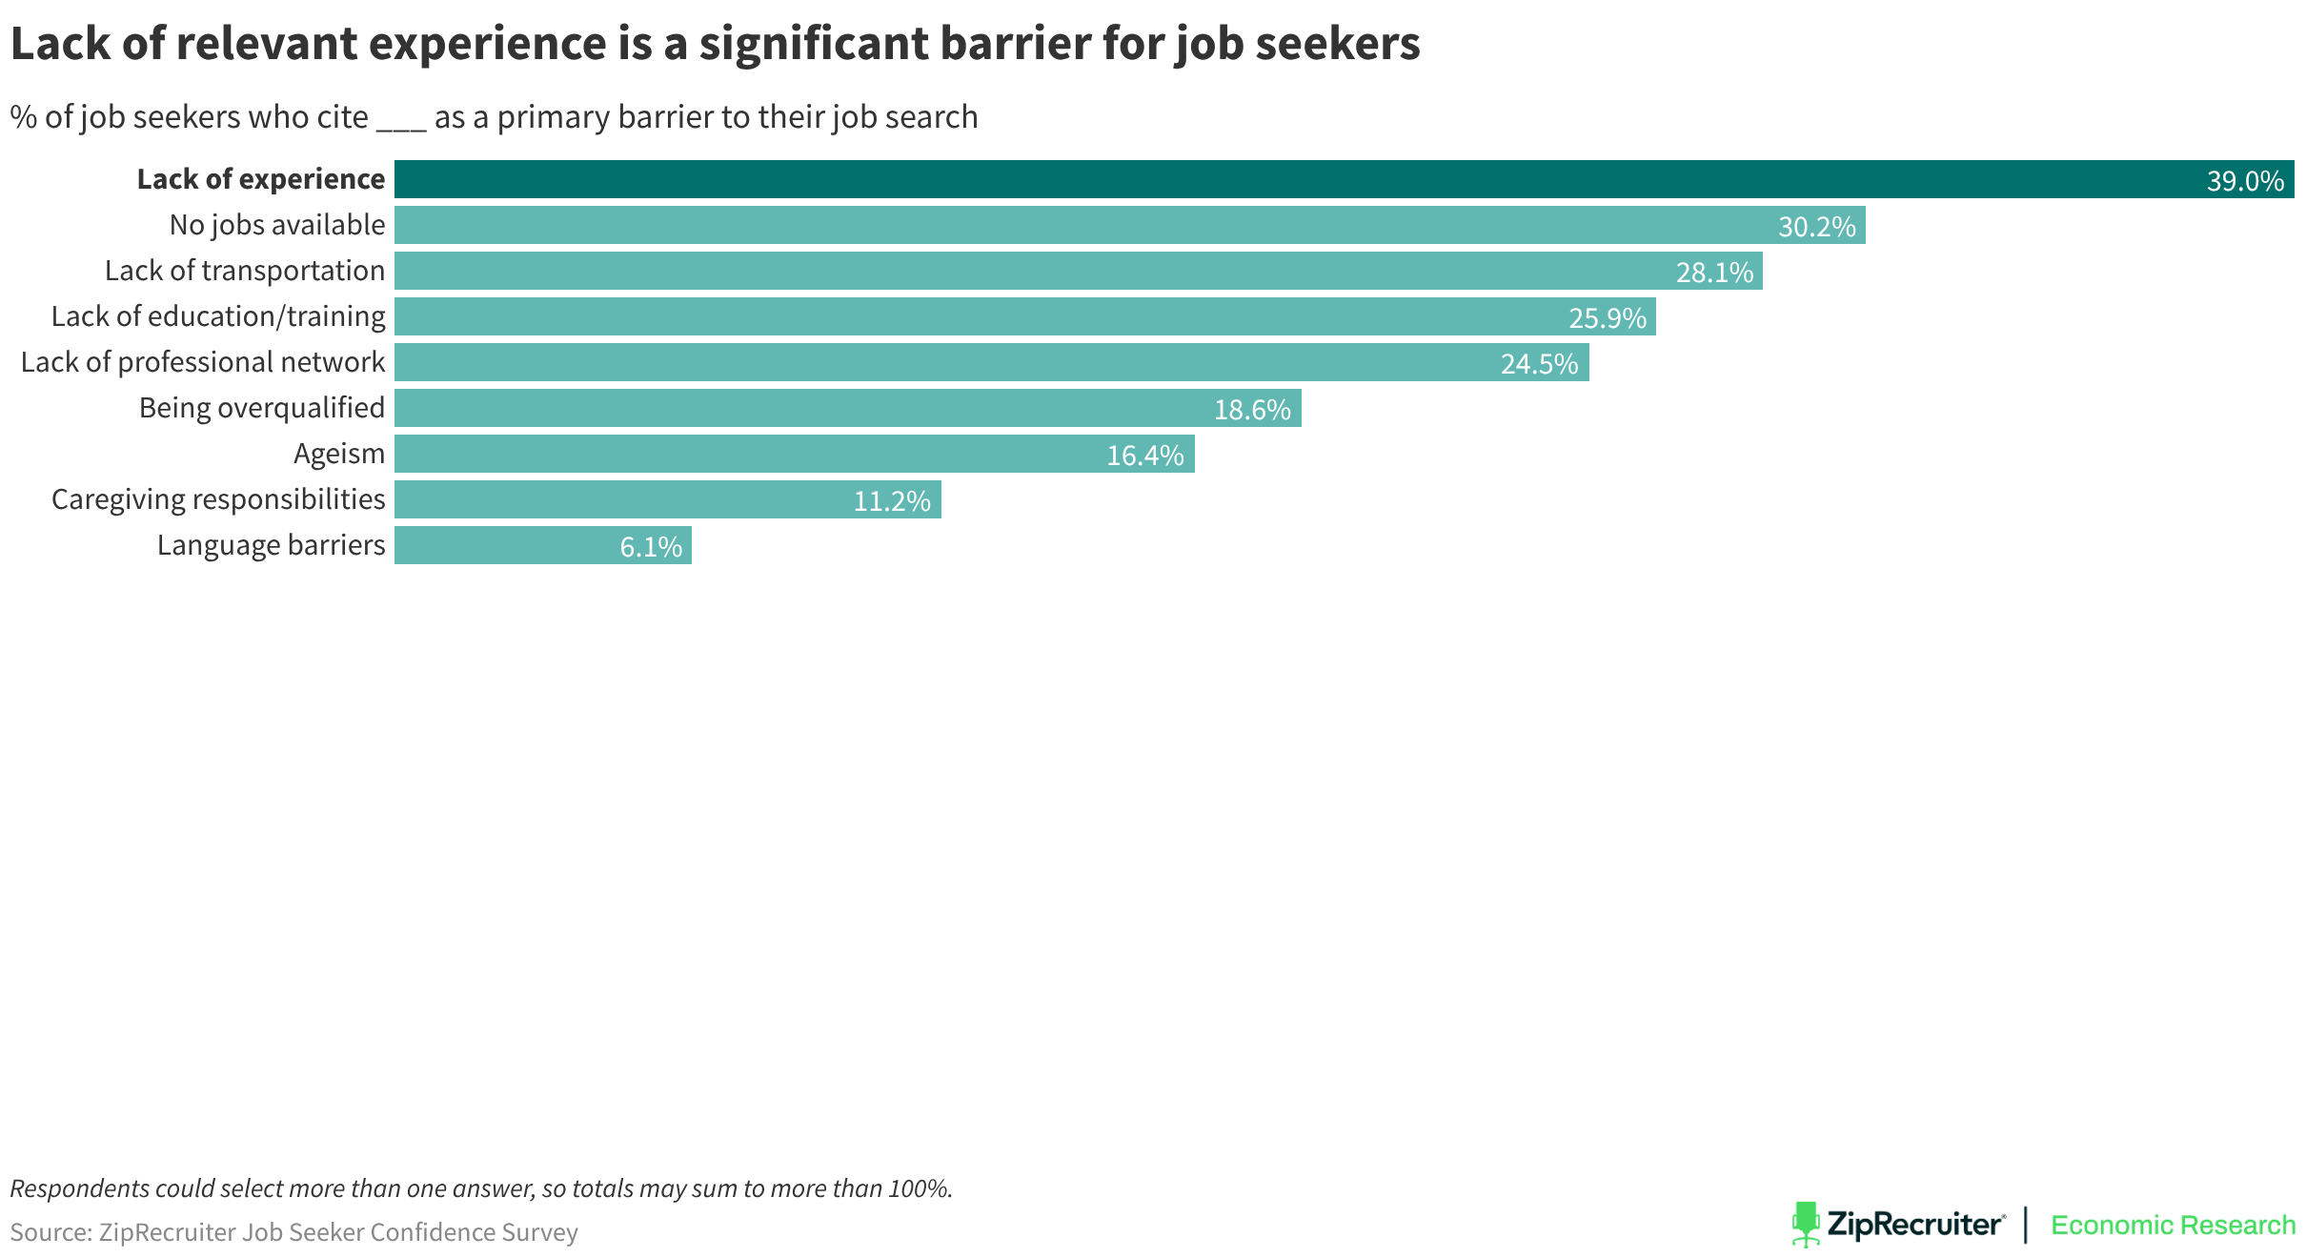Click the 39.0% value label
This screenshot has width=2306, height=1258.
[2244, 181]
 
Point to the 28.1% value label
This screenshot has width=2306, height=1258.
[1714, 273]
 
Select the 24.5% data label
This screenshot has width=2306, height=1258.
[1539, 364]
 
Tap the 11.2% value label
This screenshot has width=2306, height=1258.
[891, 501]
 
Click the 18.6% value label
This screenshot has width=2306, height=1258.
[1251, 410]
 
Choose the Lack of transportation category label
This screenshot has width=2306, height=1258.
[245, 271]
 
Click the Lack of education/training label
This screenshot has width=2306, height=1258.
[218, 316]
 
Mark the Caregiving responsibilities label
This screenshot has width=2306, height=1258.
[218, 499]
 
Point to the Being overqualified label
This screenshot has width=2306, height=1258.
[262, 408]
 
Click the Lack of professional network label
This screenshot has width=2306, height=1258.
[203, 362]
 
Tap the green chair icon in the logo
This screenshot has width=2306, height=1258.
[1805, 1224]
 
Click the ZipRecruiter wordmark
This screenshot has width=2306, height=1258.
[1915, 1225]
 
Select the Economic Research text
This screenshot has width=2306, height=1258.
[2173, 1225]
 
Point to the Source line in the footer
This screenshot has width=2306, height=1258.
[293, 1232]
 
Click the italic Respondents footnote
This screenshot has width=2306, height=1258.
[481, 1188]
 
